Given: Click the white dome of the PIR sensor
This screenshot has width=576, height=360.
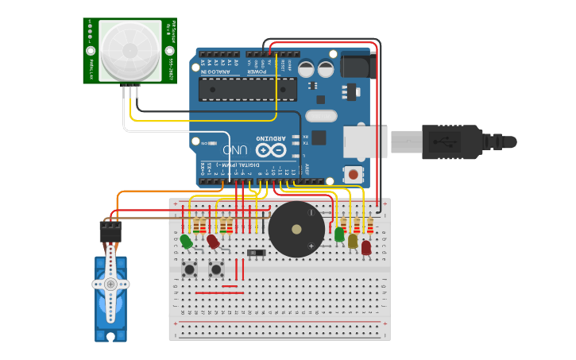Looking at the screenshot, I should (130, 49).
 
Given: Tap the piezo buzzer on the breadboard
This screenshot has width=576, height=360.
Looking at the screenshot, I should (296, 229).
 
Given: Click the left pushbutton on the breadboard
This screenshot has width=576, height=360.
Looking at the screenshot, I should (190, 269).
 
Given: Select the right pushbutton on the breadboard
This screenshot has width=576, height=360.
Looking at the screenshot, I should (216, 269).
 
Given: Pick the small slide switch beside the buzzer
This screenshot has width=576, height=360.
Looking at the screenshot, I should (256, 253).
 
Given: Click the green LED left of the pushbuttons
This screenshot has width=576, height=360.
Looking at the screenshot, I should (186, 241).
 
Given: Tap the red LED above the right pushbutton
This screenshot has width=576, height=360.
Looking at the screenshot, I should (213, 241).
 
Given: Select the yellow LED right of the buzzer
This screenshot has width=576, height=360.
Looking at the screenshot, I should (353, 241).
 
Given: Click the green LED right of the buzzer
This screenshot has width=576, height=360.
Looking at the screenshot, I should (339, 234).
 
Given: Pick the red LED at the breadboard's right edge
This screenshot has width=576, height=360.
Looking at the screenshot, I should (365, 247).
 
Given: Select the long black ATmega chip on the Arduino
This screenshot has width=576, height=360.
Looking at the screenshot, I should (247, 89).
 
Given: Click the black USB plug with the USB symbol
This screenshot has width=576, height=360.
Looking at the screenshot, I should (453, 141).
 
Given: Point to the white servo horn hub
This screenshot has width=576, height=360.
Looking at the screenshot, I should (110, 284).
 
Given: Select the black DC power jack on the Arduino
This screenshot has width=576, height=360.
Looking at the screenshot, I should (355, 65).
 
